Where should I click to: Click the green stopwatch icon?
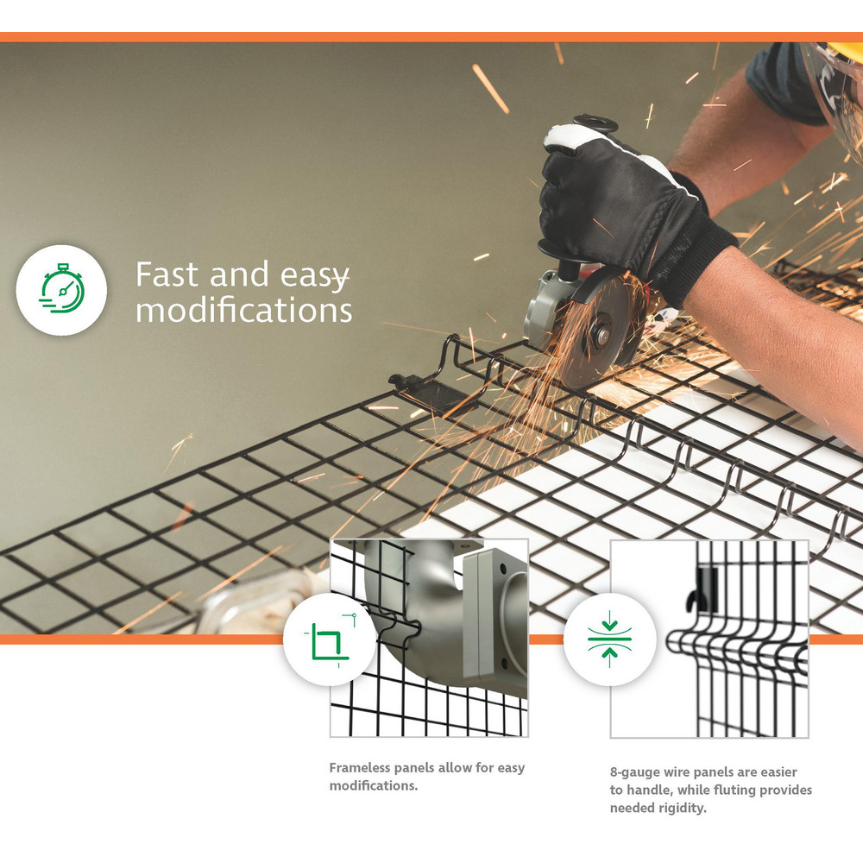click(x=61, y=289)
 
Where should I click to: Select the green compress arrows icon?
click(x=609, y=639)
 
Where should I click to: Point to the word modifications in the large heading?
click(x=244, y=310)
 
